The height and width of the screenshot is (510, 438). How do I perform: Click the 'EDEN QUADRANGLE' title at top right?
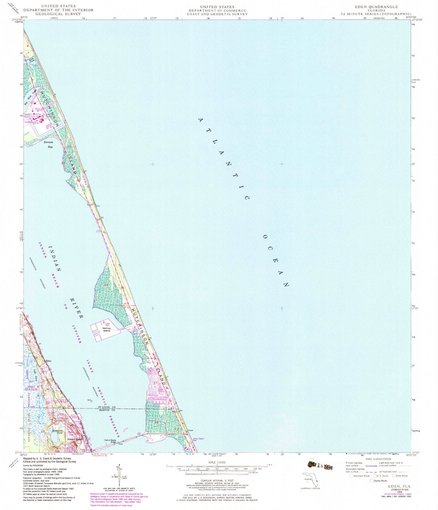coord(376,7)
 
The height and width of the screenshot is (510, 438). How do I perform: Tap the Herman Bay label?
coord(48,145)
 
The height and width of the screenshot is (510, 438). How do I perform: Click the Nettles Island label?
coord(106,330)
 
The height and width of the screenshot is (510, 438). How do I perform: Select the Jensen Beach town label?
coord(75,439)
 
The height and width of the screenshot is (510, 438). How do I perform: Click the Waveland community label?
coord(153,395)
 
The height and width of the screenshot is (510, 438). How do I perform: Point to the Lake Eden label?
coord(35,375)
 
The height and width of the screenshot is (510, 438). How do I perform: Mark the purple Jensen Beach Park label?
coord(198,439)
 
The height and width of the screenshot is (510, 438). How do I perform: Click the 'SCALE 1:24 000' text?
coord(217,462)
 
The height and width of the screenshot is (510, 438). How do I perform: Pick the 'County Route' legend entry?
coord(380,481)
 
